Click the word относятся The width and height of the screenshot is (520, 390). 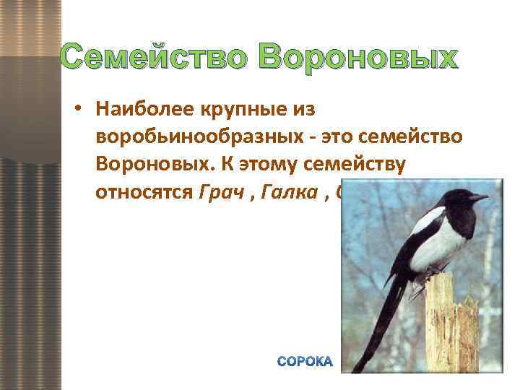[x=142, y=192]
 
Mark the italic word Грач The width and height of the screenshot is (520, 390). [x=215, y=192]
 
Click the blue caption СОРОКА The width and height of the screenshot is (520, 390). [x=305, y=361]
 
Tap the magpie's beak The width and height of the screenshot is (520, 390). [x=479, y=196]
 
